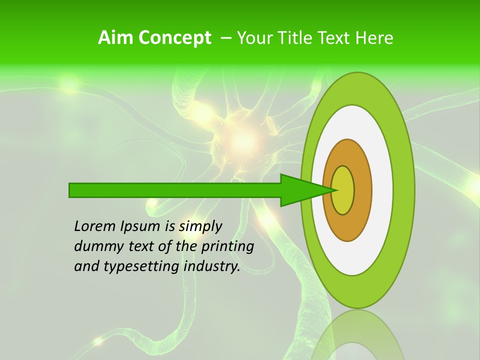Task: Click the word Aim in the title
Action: pos(116,38)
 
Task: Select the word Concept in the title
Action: pos(174,38)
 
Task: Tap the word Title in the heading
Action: pos(300,38)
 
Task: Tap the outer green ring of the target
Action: pos(403,190)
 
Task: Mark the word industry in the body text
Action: pos(212,266)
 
